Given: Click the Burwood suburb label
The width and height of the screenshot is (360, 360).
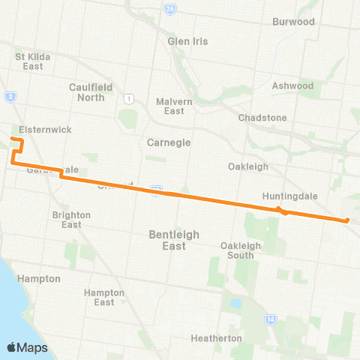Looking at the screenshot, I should pyautogui.click(x=294, y=22).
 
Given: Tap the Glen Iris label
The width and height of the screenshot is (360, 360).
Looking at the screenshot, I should pyautogui.click(x=187, y=41).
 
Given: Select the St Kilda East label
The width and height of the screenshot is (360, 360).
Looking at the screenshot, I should pyautogui.click(x=29, y=61).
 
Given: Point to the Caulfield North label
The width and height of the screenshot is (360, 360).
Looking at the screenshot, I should pyautogui.click(x=91, y=92).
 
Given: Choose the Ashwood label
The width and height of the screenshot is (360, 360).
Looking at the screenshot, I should pyautogui.click(x=292, y=85).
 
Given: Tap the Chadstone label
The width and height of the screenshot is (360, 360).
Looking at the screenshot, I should pyautogui.click(x=262, y=118).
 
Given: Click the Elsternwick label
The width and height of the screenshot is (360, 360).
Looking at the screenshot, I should pyautogui.click(x=46, y=130).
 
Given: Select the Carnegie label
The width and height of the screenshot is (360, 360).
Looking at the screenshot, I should pyautogui.click(x=169, y=142).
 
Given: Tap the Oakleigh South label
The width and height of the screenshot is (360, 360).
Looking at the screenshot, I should pyautogui.click(x=241, y=250).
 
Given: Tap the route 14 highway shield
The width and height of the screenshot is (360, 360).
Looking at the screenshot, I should pyautogui.click(x=270, y=320).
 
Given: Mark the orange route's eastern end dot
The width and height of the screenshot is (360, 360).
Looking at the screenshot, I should pyautogui.click(x=347, y=220).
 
